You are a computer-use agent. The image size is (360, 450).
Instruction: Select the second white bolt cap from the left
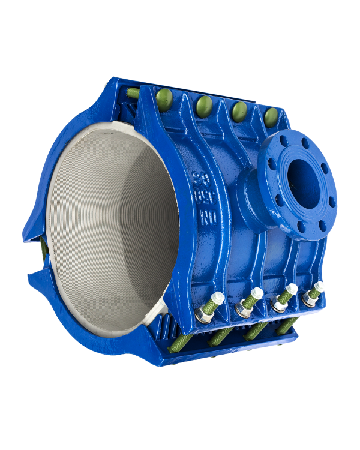pos(256,293)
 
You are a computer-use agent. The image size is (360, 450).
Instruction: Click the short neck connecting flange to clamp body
pos(252,198)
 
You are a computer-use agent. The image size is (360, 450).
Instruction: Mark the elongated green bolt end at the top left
pos(133,92)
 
